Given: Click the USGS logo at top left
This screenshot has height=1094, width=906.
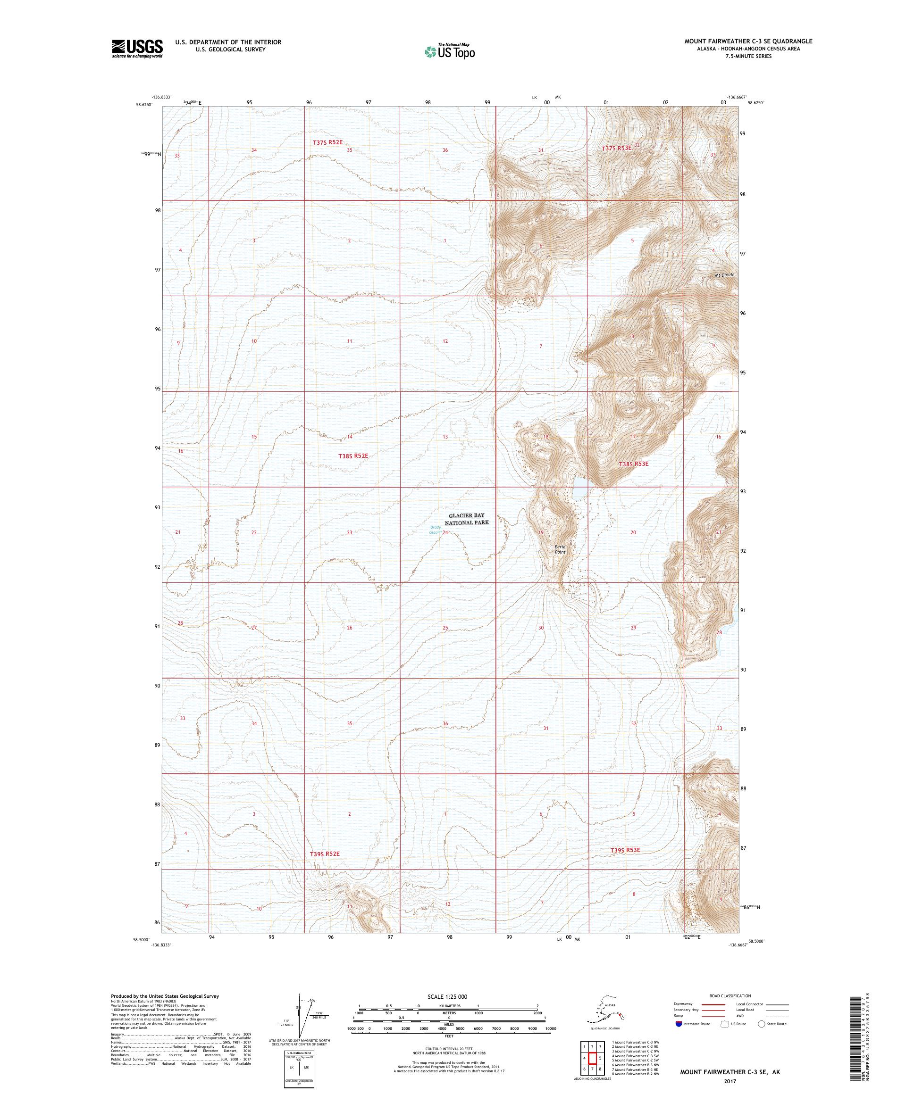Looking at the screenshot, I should [136, 49].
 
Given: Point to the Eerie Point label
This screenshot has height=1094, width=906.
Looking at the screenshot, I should [560, 550].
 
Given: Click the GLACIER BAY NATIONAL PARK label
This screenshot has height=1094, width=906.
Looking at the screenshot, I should [467, 519].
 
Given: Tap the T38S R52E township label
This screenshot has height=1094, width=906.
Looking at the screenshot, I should [353, 456].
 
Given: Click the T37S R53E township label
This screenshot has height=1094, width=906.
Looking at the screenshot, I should [616, 149].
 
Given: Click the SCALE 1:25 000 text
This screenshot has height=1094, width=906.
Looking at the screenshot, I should [449, 996].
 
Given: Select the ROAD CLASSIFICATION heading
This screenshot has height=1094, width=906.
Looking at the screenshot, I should [730, 995].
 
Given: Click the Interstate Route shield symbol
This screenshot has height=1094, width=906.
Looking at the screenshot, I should [678, 1024].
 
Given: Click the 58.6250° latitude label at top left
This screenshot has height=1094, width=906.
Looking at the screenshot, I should [144, 104].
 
